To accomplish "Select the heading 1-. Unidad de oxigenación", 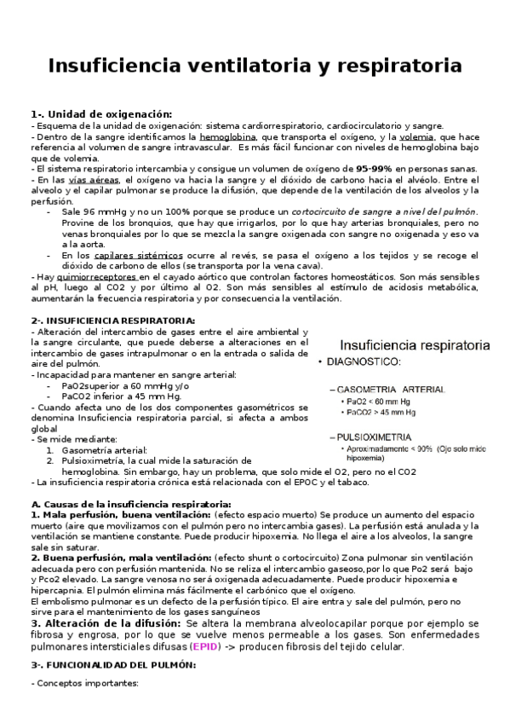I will click(100, 113).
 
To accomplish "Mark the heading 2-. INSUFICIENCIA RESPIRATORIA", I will click(112, 320).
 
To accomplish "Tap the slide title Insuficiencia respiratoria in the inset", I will click(415, 345).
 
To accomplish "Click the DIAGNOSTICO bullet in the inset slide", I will click(362, 363).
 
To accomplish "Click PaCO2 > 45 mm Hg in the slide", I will click(381, 412).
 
